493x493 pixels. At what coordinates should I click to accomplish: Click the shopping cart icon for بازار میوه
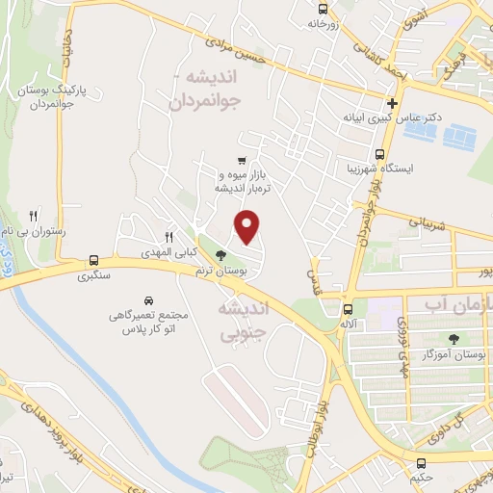pos(241,161)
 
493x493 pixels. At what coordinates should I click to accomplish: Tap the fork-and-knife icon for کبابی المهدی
pos(169,236)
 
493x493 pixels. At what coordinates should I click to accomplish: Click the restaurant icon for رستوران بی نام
pos(34,215)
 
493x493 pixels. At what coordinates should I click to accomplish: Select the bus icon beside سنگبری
pos(93,260)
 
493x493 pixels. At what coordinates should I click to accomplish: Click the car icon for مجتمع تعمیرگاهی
pos(147,298)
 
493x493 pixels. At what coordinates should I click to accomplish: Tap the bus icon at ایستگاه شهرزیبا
pos(379,153)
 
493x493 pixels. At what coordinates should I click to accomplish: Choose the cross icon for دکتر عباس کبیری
pos(392,103)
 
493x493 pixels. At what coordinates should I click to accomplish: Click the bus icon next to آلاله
pos(348,308)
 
